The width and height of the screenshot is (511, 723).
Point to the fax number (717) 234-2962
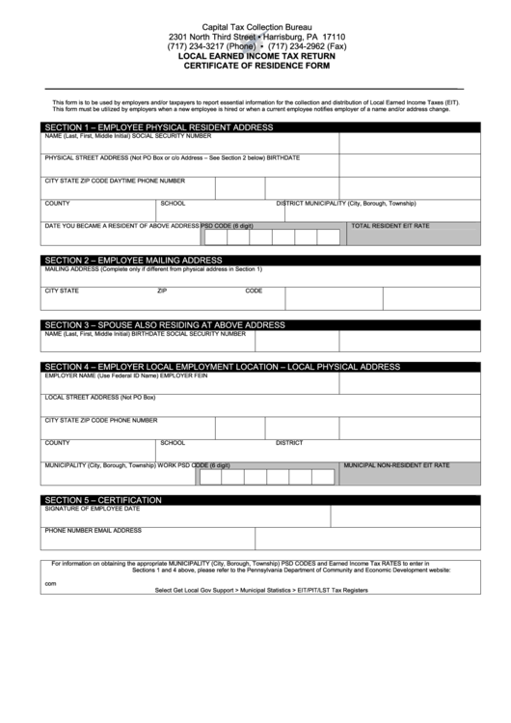click(x=306, y=45)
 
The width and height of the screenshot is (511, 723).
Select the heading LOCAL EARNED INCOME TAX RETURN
click(x=255, y=56)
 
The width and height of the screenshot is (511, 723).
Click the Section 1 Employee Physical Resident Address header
click(x=158, y=127)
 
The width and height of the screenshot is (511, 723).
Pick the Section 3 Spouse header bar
click(x=164, y=324)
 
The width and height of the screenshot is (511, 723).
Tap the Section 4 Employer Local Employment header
click(x=222, y=367)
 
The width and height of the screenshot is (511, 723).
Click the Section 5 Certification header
click(x=103, y=499)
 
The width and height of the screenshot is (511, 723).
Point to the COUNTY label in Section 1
click(x=57, y=204)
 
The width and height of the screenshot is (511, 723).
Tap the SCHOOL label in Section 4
click(x=173, y=443)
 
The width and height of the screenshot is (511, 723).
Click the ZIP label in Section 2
click(x=162, y=290)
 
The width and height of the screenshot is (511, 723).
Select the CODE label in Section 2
click(x=254, y=290)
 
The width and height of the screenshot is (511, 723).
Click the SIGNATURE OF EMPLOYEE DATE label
click(x=93, y=508)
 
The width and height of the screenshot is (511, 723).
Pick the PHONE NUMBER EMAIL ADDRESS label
click(x=94, y=530)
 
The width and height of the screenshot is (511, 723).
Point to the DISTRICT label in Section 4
click(x=289, y=443)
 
